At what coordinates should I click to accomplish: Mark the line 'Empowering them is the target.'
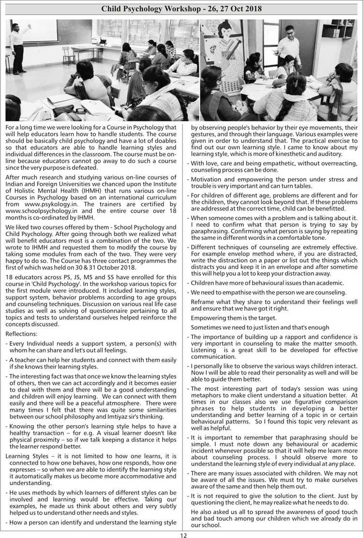click(x=234, y=317)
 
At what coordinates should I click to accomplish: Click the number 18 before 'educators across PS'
click(x=9, y=277)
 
